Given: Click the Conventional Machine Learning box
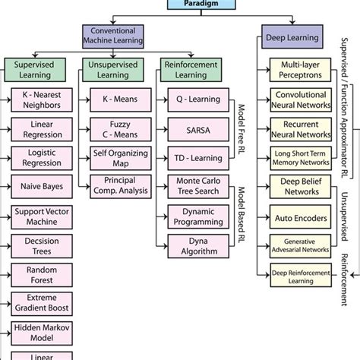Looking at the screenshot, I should [113, 34].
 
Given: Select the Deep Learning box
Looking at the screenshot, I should [292, 36].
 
